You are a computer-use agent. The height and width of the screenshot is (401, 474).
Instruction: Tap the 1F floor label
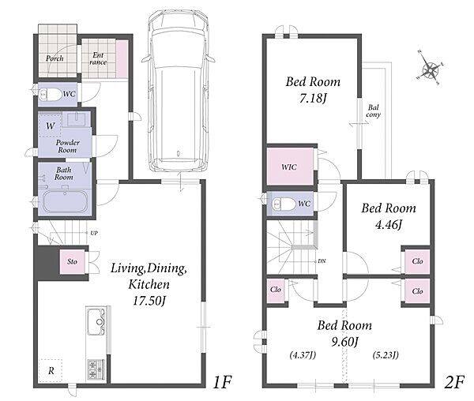[x=222, y=382]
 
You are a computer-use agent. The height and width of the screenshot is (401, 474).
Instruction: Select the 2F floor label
[x=454, y=382]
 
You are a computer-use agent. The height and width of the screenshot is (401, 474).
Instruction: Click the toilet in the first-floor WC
[x=51, y=95]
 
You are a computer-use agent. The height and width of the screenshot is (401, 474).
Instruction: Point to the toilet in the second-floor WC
[x=284, y=204]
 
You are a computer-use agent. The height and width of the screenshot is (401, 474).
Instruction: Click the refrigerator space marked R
[x=51, y=370]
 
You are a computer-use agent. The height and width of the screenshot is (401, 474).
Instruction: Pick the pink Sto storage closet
[x=72, y=261]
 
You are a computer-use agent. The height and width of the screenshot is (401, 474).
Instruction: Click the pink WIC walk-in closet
[x=290, y=167]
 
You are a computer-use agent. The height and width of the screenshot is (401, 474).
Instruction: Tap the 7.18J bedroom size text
[x=313, y=98]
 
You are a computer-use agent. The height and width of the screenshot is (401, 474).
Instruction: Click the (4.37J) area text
[x=303, y=355]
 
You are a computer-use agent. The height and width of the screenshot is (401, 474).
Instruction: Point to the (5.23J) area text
[x=386, y=355]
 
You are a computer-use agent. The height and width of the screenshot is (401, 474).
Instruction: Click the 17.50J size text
[x=149, y=301]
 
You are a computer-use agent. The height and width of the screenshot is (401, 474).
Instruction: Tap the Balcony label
[x=374, y=111]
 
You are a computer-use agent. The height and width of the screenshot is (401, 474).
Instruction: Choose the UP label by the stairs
[x=94, y=233]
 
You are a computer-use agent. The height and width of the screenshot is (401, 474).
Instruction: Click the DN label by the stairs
[x=322, y=261]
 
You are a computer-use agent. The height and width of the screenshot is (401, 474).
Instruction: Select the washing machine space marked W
[x=51, y=125]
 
